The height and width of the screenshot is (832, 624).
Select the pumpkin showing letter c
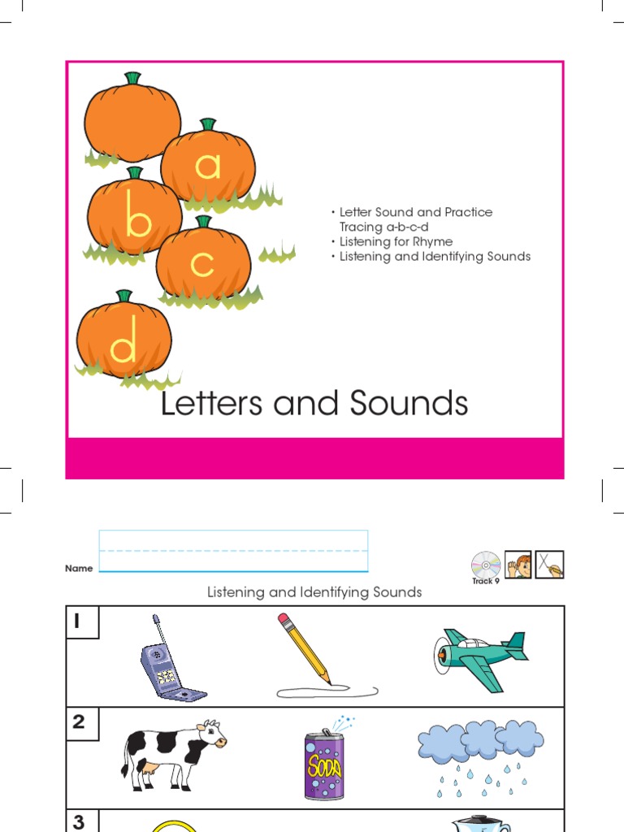click(x=203, y=261)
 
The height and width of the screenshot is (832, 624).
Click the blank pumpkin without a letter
click(x=132, y=119)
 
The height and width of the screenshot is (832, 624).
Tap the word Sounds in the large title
click(x=409, y=404)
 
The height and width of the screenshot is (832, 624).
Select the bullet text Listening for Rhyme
click(x=396, y=241)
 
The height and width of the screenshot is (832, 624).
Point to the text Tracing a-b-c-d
click(x=383, y=227)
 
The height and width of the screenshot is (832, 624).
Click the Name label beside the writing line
click(x=79, y=569)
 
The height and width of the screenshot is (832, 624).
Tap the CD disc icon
click(x=485, y=563)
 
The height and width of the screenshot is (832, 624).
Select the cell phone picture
click(x=169, y=661)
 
